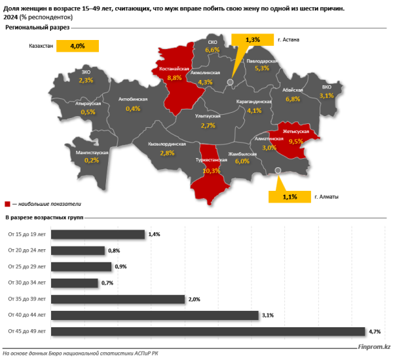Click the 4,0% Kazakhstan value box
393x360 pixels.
pyautogui.click(x=77, y=46)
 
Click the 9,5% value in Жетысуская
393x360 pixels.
pyautogui.click(x=295, y=140)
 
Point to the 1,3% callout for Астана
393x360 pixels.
pyautogui.click(x=252, y=40)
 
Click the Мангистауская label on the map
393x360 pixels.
pyautogui.click(x=92, y=151)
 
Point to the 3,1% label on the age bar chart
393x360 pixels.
pyautogui.click(x=267, y=315)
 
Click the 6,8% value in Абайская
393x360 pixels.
pyautogui.click(x=292, y=99)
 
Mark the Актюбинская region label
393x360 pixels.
pyautogui.click(x=133, y=99)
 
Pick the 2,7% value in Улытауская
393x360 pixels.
pyautogui.click(x=208, y=125)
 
